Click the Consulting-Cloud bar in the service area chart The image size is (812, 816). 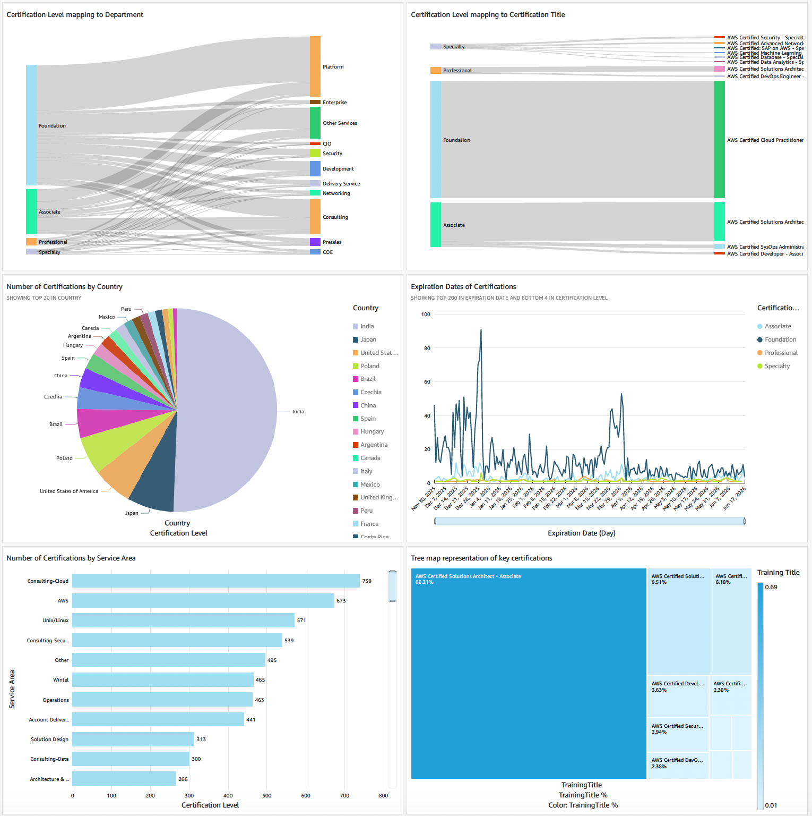click(215, 581)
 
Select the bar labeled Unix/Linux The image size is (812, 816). click(183, 620)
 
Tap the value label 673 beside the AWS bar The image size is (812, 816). click(341, 601)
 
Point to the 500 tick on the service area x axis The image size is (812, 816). click(267, 796)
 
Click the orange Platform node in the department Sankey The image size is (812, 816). click(315, 66)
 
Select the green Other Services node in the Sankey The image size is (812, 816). click(315, 123)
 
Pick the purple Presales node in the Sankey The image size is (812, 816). click(315, 242)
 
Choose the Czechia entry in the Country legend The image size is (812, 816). click(370, 392)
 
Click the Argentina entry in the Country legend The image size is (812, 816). click(374, 445)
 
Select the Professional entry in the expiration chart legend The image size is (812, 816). click(781, 353)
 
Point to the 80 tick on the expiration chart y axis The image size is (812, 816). click(427, 348)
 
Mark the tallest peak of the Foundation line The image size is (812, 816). click(481, 330)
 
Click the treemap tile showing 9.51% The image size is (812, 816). click(678, 622)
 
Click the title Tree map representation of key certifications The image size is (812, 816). click(481, 558)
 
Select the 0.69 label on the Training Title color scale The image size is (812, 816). click(771, 587)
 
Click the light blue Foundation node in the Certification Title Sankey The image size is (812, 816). click(436, 140)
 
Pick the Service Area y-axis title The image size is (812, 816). click(12, 689)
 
